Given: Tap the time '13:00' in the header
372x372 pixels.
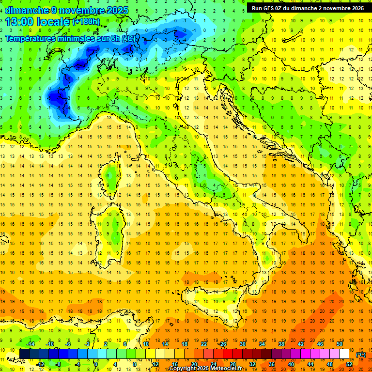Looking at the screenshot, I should tap(20, 21).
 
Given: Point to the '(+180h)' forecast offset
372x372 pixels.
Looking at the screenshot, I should tap(86, 22).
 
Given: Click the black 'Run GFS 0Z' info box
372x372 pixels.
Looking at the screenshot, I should tap(308, 8).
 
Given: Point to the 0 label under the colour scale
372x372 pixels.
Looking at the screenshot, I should tap(96, 364).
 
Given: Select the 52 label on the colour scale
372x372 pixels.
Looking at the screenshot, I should tap(349, 364).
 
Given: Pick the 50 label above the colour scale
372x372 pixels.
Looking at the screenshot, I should tap(340, 344).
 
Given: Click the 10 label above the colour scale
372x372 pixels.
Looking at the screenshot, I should tap(146, 344).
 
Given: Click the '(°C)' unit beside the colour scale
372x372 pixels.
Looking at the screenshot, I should tap(361, 355).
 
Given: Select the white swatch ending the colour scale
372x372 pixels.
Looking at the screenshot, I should tap(344, 354).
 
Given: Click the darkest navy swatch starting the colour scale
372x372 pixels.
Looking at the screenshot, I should tap(24, 354).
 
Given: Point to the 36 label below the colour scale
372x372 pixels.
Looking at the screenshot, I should tap(272, 364).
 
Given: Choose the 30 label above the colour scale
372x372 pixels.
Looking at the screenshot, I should tap(243, 344).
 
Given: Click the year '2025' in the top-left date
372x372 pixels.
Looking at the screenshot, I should tap(117, 10).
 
